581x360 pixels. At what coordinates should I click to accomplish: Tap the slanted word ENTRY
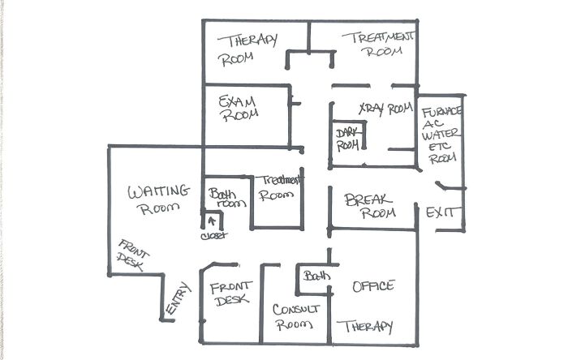click(178, 298)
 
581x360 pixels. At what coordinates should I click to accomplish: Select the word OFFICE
click(373, 286)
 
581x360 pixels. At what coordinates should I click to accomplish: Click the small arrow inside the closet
click(212, 221)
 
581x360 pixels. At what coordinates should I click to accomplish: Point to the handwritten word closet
click(214, 236)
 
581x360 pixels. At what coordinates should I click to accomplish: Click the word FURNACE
click(441, 111)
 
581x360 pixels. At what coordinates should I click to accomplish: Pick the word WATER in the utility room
click(441, 134)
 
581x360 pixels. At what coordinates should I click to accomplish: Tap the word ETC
click(440, 146)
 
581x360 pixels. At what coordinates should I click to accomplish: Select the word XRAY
click(372, 109)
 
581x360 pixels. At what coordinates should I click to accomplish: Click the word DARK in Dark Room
click(346, 133)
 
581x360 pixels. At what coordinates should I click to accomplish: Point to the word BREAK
click(368, 200)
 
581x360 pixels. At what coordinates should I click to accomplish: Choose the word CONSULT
click(295, 309)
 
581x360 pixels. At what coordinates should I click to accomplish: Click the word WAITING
click(158, 191)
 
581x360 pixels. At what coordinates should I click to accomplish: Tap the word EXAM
click(237, 101)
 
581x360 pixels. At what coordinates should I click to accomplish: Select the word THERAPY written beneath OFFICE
click(364, 327)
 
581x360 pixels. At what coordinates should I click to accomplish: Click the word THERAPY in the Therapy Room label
click(247, 41)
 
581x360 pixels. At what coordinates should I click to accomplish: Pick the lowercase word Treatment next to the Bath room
click(282, 180)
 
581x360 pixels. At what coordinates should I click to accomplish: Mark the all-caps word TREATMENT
click(377, 37)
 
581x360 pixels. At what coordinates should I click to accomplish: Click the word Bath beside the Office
click(316, 276)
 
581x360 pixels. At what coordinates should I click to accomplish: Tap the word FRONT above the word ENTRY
click(133, 249)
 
